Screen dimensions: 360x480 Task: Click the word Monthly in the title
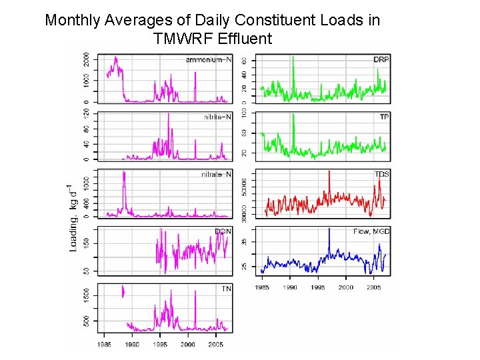point(73,20)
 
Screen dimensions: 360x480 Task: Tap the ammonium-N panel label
point(208,60)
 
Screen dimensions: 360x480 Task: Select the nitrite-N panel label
point(217,117)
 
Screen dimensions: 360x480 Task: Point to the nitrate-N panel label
point(217,175)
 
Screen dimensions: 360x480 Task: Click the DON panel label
point(223,231)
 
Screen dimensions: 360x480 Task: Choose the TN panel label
point(226,289)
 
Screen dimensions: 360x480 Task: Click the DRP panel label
point(381,60)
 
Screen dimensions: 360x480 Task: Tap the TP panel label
point(384,117)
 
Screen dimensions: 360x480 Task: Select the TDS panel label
point(381,175)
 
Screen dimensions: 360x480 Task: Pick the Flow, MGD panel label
point(371,231)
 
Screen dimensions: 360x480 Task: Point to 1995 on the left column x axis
point(160,345)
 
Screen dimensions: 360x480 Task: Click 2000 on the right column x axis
point(345,287)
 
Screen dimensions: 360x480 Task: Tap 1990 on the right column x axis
point(290,287)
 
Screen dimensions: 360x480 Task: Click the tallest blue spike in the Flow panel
point(329,229)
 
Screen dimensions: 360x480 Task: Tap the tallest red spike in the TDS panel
point(329,171)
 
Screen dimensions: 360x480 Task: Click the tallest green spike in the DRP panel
point(293,57)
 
